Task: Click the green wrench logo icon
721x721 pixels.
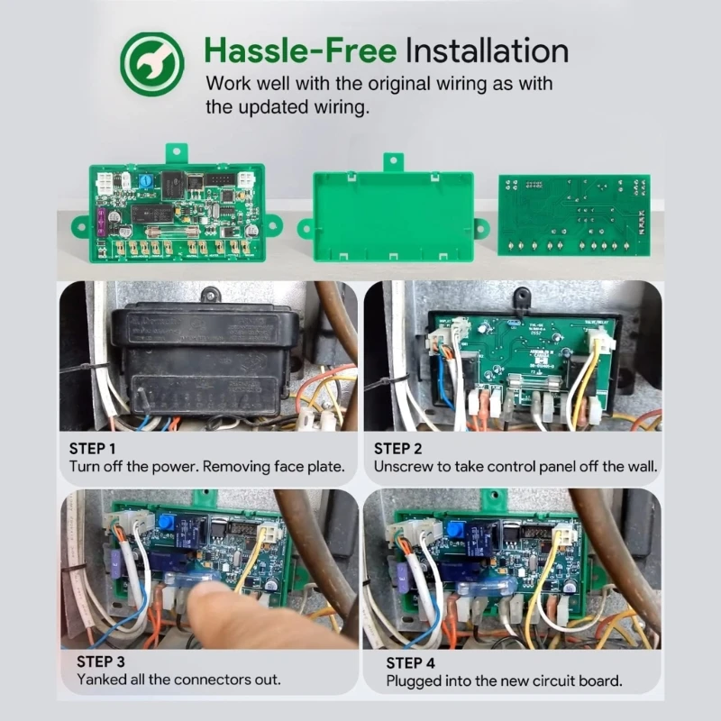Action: [x=152, y=64]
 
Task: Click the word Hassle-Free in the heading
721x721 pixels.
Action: [x=300, y=50]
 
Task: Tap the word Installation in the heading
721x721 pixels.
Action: [x=487, y=50]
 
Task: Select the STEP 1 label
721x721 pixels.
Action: [x=93, y=448]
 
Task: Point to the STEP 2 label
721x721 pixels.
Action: [x=397, y=448]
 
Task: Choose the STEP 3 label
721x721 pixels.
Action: [x=101, y=662]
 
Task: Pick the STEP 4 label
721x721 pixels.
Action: [x=411, y=663]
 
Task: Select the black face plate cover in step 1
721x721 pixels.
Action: [x=205, y=361]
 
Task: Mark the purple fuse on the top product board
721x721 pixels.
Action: [x=102, y=220]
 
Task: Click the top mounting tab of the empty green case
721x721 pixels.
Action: [x=394, y=162]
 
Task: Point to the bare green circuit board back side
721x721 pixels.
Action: [x=574, y=214]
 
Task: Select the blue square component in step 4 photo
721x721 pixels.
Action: [x=455, y=529]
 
